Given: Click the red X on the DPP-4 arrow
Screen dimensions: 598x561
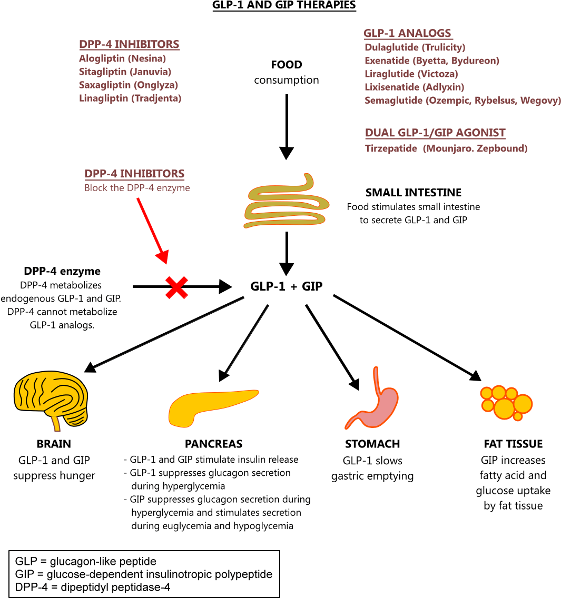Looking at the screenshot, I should (176, 287).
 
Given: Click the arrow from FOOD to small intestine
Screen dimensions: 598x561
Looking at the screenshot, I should (286, 126).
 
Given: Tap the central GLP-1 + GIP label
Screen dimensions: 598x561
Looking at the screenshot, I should (286, 286).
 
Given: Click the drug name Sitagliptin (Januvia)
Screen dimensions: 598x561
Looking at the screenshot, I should (125, 72).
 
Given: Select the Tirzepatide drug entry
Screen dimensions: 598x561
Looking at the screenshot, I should (446, 148).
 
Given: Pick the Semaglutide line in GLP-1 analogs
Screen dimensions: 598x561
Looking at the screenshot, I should (462, 101).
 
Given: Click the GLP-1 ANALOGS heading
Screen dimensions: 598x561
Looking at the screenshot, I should (407, 33).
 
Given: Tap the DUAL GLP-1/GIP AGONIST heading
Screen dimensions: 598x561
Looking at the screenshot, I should (435, 133).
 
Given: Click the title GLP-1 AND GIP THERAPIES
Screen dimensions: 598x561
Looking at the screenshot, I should (284, 5).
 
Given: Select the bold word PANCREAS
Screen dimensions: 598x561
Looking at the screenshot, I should (213, 444).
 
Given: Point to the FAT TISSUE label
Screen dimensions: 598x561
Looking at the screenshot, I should (513, 444).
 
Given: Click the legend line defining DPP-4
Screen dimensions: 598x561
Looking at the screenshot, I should (93, 587).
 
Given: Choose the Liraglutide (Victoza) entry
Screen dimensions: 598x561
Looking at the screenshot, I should (411, 74).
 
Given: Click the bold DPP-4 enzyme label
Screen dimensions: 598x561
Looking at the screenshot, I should (62, 271).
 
